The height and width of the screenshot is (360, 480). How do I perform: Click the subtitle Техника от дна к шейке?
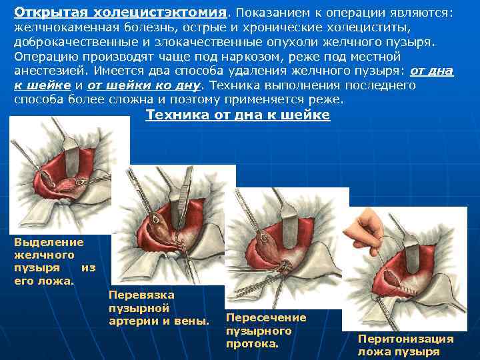[237, 115]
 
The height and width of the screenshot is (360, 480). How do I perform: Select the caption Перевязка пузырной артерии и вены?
[158, 308]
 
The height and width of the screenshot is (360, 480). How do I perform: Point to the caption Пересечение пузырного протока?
[266, 331]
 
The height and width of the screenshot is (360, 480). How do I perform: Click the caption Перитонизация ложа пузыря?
[405, 345]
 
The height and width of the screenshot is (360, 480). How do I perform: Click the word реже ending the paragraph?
[327, 100]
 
